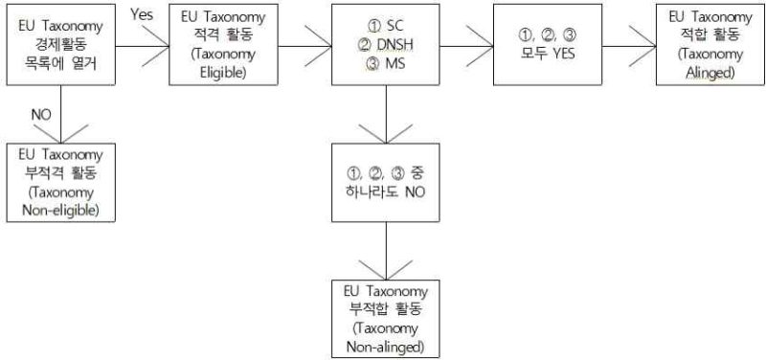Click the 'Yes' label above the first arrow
[x=142, y=15]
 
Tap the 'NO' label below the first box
[x=41, y=114]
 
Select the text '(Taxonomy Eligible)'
[x=223, y=63]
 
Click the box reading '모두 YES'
[x=547, y=45]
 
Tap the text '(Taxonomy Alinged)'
[x=710, y=63]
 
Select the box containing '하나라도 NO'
[x=386, y=182]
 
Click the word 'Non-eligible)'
[x=60, y=211]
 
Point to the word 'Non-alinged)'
[x=385, y=348]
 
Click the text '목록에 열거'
[x=60, y=64]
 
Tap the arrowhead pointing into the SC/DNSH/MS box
[x=319, y=46]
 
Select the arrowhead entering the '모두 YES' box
[x=481, y=46]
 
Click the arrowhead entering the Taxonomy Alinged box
[x=642, y=46]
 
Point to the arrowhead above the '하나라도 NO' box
[x=386, y=134]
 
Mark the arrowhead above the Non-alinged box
[x=386, y=270]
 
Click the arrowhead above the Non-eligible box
[x=60, y=134]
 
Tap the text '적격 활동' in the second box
[x=223, y=35]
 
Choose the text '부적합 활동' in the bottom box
[x=386, y=310]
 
